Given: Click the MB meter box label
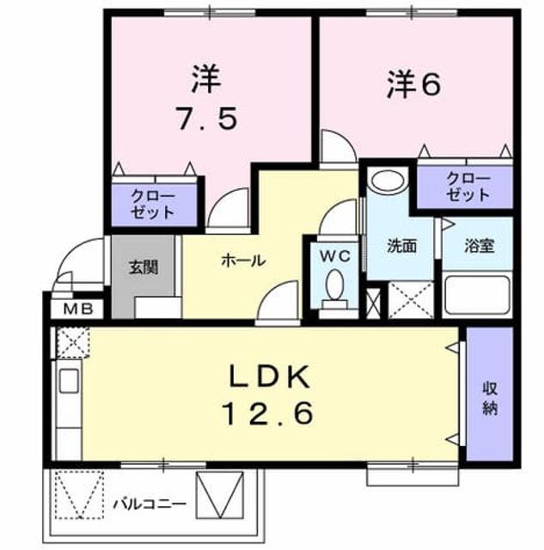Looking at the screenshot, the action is (78, 309).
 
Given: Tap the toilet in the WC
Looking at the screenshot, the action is (335, 289).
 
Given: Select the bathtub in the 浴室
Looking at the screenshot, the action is (477, 295).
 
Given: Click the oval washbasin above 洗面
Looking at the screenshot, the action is (388, 180).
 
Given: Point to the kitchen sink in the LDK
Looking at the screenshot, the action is (69, 381).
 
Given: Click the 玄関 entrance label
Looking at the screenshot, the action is (144, 267).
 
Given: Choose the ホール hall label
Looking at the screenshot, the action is (243, 260).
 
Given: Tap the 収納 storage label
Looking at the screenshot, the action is (490, 398).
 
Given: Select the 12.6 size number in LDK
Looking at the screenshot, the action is (267, 413).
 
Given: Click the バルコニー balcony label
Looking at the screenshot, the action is (150, 504).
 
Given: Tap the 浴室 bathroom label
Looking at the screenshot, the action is (480, 246).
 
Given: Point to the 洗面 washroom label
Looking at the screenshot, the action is (401, 246).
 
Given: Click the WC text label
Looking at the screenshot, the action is (335, 256).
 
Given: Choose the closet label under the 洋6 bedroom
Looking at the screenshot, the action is (468, 187).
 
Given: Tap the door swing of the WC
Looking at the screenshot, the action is (338, 217).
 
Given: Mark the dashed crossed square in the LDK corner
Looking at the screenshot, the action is (73, 341).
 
